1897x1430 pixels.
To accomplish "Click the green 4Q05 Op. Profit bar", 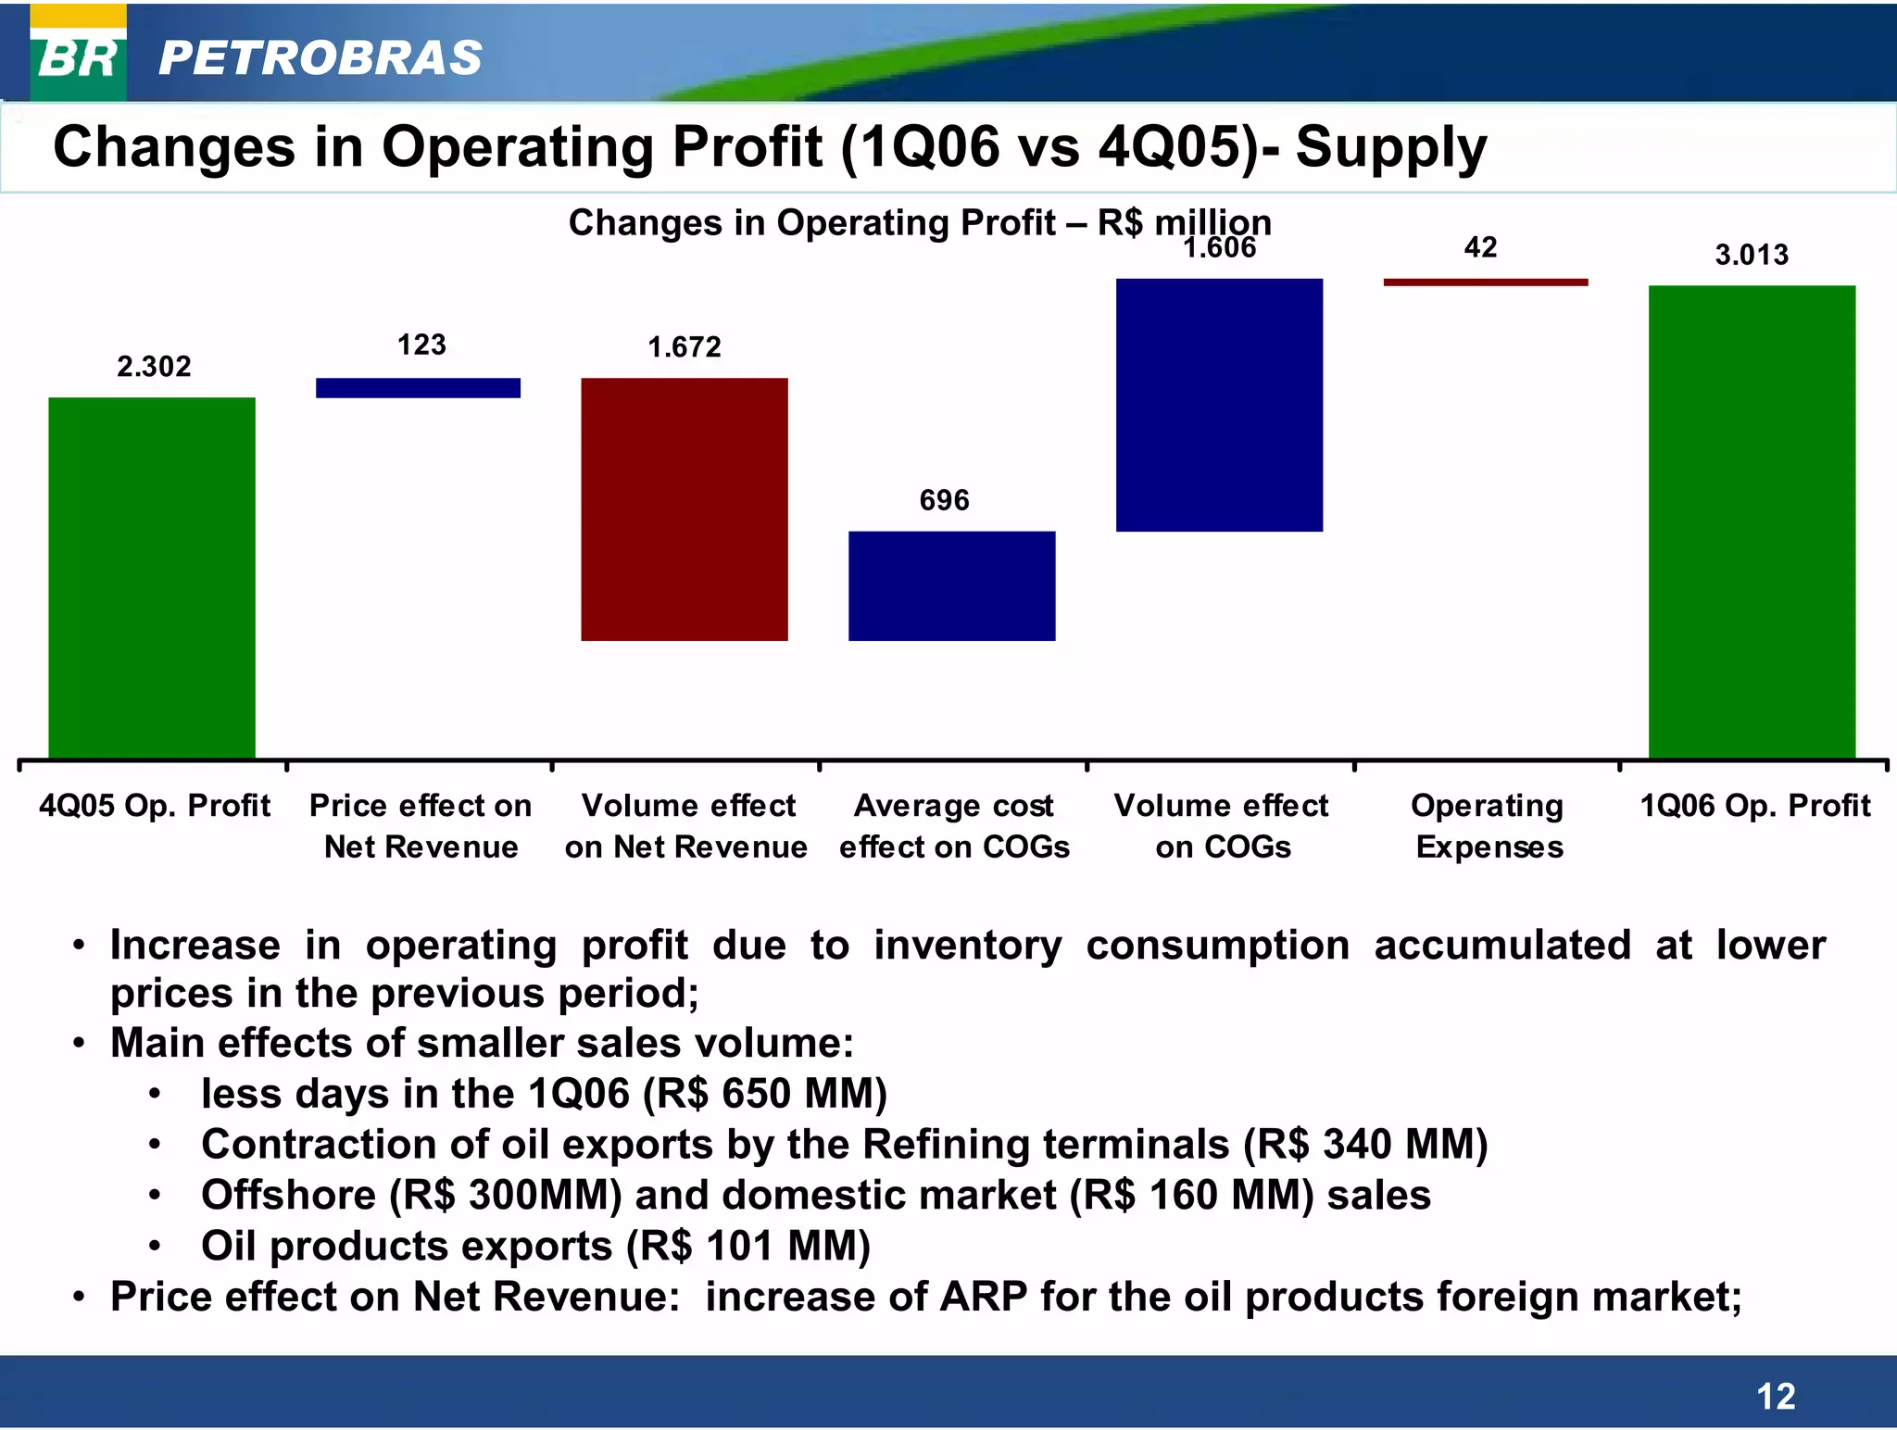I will pos(152,578).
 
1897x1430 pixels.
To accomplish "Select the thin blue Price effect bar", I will pos(418,388).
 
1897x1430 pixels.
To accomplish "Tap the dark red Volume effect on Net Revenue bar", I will pos(685,509).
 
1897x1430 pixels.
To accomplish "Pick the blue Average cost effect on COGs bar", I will pos(951,585).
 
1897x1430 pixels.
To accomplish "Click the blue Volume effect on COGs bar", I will pos(1219,405).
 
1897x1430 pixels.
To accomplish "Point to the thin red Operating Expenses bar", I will pos(1485,282).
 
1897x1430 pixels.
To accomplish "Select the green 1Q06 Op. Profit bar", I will pos(1752,521).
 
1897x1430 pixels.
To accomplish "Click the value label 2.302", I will pos(154,367).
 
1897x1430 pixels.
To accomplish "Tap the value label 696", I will pos(944,501).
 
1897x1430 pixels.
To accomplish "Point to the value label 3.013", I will pos(1752,255).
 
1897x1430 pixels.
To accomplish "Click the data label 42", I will pos(1480,247).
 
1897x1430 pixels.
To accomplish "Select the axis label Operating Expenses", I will pos(1488,826).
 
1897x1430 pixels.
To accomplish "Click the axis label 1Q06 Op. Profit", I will pos(1755,806).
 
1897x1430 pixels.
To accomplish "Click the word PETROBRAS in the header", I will pos(320,58).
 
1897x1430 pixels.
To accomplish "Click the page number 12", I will pos(1776,1397).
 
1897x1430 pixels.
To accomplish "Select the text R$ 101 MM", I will pos(747,1246).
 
